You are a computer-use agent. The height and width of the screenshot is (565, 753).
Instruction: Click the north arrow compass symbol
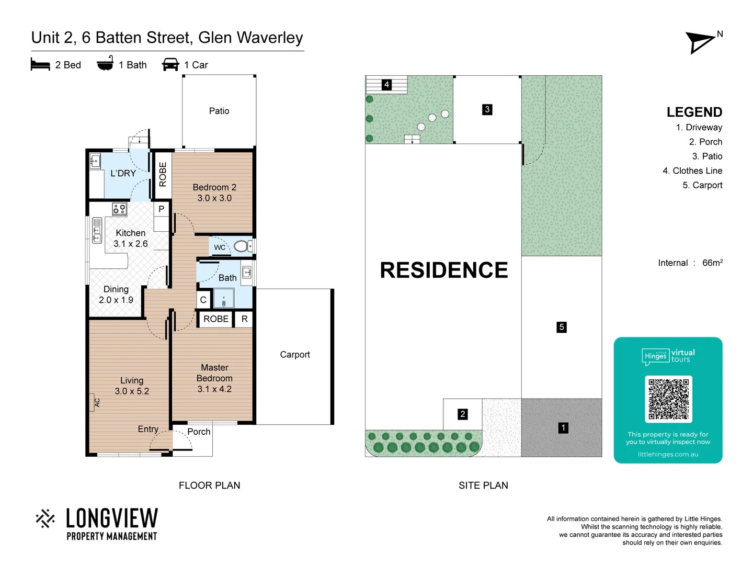click(701, 42)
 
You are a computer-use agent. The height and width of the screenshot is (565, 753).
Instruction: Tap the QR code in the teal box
click(668, 399)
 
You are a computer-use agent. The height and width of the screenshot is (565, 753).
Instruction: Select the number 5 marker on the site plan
click(562, 327)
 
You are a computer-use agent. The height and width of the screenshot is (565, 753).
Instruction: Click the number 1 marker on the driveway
click(563, 428)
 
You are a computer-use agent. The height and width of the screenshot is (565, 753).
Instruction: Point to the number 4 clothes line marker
click(386, 84)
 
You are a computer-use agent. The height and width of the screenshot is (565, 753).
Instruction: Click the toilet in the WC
click(242, 246)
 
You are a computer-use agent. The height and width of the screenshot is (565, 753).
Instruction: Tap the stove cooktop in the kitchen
click(119, 209)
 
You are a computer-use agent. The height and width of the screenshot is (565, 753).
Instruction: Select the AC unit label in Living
click(97, 402)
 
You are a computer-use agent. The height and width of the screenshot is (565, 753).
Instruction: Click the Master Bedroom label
click(214, 378)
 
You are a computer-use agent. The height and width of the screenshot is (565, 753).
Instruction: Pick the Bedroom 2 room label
click(214, 193)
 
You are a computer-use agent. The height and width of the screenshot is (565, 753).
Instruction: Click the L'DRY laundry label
click(123, 173)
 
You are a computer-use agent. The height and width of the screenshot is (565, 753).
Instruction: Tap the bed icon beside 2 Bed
click(40, 64)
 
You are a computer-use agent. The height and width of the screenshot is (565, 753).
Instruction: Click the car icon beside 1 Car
click(170, 64)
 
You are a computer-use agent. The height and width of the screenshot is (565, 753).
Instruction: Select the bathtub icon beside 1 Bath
click(105, 63)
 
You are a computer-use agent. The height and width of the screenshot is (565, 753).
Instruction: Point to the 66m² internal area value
click(712, 263)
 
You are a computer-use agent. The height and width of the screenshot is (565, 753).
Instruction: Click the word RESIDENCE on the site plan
click(443, 270)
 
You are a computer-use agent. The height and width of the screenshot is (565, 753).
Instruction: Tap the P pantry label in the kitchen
click(161, 209)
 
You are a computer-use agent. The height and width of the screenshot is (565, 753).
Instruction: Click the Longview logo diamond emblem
click(45, 518)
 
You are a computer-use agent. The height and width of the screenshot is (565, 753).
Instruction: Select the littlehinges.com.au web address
click(668, 454)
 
